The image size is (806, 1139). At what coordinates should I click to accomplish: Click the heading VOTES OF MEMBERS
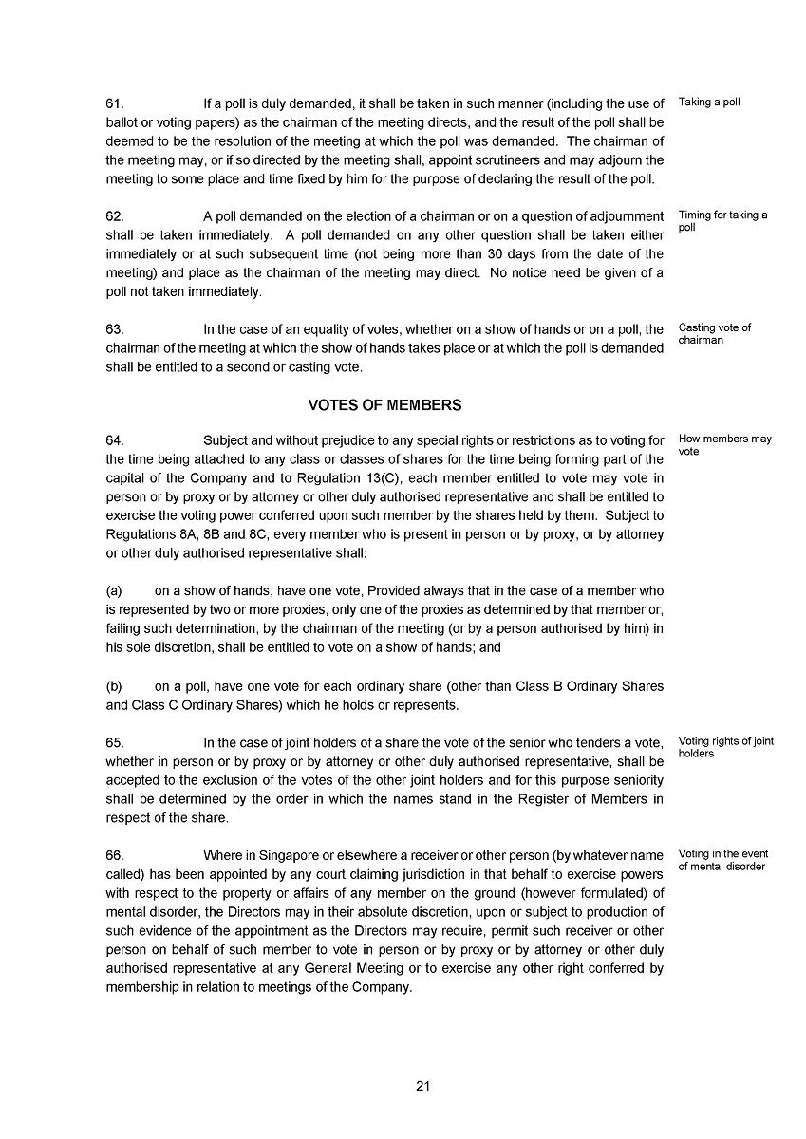coord(384,405)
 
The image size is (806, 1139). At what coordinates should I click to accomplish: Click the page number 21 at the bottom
coord(423,1086)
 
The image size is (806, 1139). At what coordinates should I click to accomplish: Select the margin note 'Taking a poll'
coord(709,103)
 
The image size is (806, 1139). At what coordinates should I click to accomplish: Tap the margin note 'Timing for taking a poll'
coord(722,221)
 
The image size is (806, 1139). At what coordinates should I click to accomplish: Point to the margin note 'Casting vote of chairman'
coord(714,334)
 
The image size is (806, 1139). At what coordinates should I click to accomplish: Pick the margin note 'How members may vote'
coord(724,445)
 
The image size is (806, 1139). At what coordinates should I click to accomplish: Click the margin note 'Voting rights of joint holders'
coord(725,748)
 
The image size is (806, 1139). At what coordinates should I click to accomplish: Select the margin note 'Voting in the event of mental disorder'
coord(722,860)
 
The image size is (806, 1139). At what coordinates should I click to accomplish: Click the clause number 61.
coord(115,103)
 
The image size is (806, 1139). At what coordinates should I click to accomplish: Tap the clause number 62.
coord(115,216)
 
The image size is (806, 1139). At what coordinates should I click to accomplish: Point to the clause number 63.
coord(115,329)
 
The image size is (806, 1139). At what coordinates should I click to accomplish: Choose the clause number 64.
coord(115,440)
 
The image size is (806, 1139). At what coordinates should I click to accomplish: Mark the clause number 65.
coord(115,742)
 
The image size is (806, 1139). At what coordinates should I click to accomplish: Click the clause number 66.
coord(115,855)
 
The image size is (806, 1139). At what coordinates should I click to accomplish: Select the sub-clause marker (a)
coord(114,590)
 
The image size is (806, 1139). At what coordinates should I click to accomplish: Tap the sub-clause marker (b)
coord(114,686)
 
